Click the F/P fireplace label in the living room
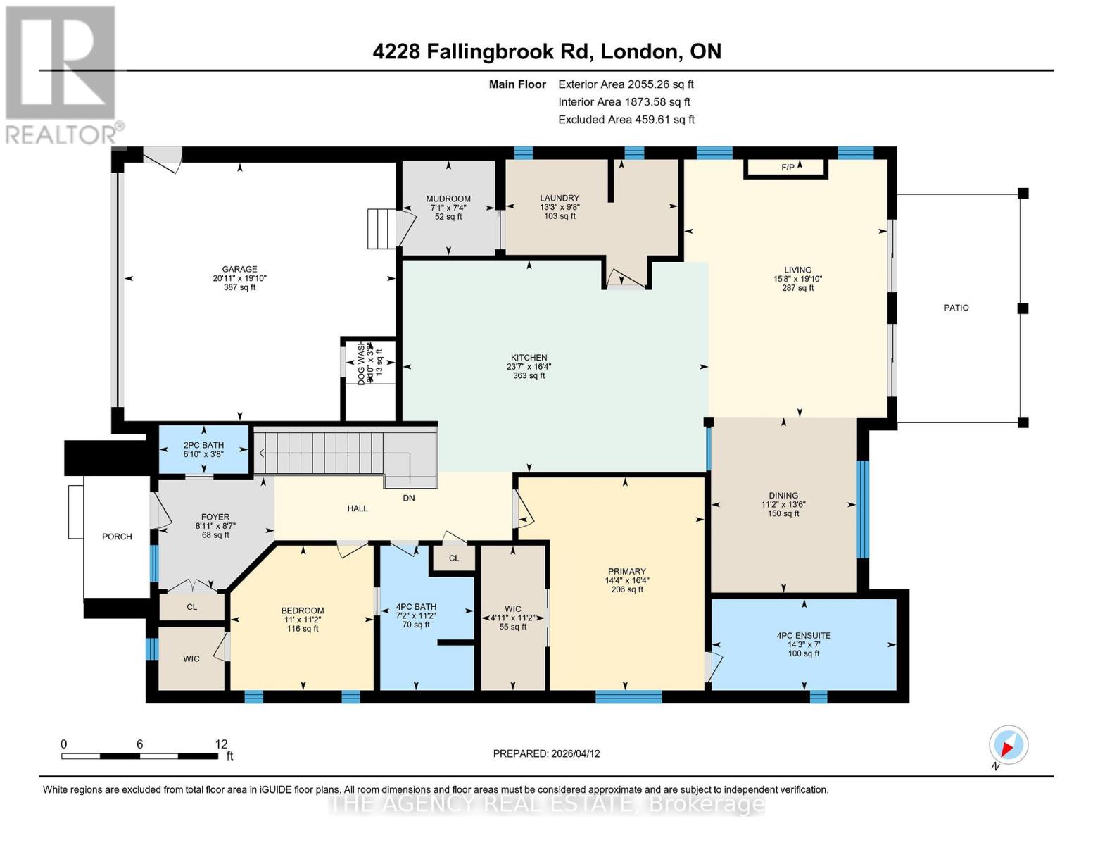pos(787,167)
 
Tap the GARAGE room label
pos(239,269)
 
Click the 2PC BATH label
pos(203,445)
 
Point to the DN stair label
pos(409,498)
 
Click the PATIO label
pos(956,308)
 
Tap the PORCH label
pos(117,537)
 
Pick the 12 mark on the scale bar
pos(222,744)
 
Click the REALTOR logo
pos(62,74)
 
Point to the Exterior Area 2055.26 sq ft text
pos(626,84)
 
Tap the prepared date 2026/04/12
pos(575,753)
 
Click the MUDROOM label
pos(448,199)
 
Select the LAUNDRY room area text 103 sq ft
pos(560,216)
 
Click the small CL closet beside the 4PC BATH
pos(454,558)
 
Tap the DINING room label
pos(783,495)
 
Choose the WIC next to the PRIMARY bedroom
pos(512,618)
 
